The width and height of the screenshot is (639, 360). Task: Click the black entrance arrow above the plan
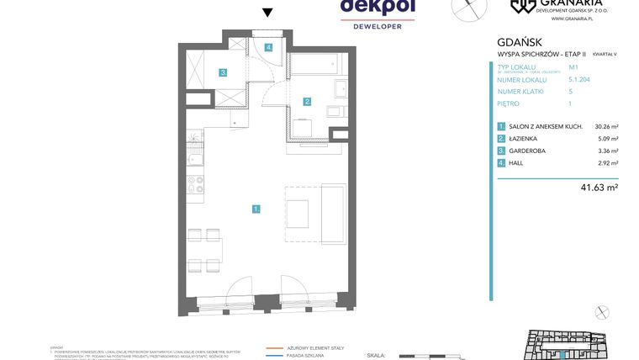[267, 13]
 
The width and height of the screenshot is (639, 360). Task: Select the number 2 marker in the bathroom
[308, 102]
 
